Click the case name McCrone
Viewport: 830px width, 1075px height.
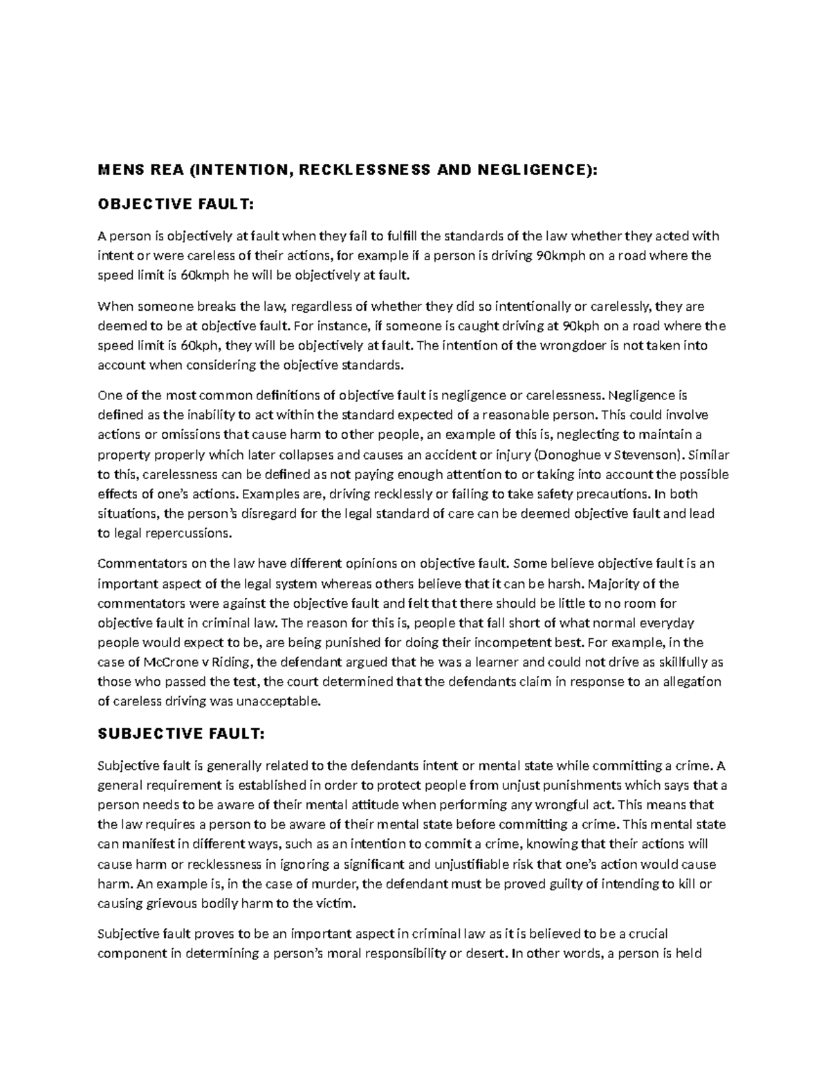[x=161, y=662]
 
